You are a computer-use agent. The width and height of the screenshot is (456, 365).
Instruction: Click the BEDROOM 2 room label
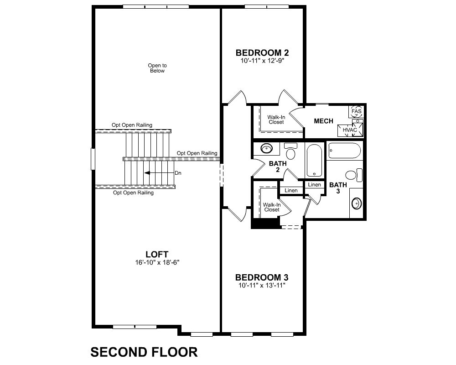pos(262,52)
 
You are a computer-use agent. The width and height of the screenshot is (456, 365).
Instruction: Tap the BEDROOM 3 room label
pos(262,277)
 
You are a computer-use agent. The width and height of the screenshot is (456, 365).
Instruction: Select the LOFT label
pos(157,254)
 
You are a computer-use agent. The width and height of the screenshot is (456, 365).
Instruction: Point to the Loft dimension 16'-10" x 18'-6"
pos(157,262)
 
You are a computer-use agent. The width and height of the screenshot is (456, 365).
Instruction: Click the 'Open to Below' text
pos(157,68)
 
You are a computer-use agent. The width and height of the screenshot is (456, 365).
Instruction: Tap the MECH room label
pos(323,121)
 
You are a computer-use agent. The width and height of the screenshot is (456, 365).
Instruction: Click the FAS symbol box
pos(356,111)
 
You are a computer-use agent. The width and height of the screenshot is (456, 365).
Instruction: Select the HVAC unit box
pos(350,130)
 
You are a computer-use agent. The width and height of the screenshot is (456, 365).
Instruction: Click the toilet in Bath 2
pos(290,151)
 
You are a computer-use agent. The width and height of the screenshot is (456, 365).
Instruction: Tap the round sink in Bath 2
pos(266,148)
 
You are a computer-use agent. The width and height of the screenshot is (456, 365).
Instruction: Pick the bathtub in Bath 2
pos(314,161)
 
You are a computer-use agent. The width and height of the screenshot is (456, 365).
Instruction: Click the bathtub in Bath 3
pos(345,151)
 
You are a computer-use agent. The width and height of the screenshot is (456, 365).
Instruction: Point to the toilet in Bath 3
pos(354,175)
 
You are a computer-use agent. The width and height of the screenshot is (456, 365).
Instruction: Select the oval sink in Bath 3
pos(357,203)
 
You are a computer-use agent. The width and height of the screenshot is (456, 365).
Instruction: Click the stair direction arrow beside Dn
pos(159,173)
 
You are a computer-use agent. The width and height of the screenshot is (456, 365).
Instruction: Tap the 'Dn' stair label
pos(178,173)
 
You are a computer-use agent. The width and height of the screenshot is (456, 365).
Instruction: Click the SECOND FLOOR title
pos(144,352)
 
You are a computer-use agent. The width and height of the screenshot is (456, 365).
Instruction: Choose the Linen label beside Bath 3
pos(314,184)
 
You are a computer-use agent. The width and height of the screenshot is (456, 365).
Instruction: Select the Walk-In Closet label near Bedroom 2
pos(276,120)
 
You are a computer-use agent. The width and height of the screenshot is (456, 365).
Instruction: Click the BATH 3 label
pos(338,188)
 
